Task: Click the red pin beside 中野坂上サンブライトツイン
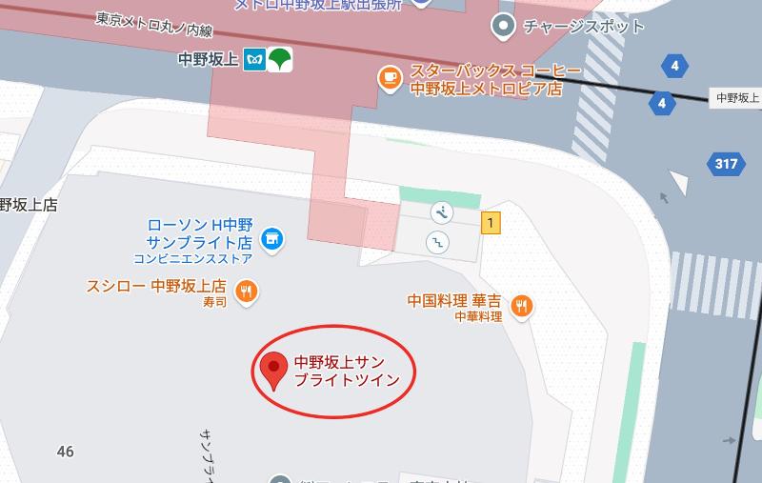274,369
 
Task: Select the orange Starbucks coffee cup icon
389,79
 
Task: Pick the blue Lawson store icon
271,236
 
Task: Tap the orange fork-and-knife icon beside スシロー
247,292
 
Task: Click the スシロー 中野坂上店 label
156,286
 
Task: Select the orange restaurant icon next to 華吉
521,305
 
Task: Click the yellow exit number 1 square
491,224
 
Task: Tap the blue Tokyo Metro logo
254,60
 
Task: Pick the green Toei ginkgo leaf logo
280,60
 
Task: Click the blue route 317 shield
726,164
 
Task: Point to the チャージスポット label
583,26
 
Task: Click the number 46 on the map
65,451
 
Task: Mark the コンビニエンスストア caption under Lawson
192,258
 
